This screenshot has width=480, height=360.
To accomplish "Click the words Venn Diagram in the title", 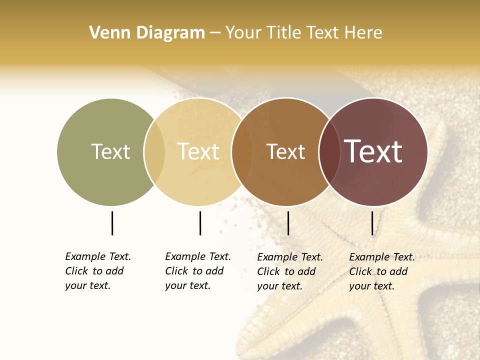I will click(x=147, y=33).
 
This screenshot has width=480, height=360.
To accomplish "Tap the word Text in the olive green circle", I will click(x=110, y=151).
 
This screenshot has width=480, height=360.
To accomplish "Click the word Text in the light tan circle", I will click(x=198, y=151).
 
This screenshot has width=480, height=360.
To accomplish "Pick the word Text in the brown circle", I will click(x=285, y=151).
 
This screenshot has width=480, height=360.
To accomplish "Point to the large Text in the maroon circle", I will click(x=373, y=151).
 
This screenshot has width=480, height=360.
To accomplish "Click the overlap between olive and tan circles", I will click(x=154, y=151).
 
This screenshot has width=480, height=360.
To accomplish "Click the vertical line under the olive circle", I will click(x=112, y=223).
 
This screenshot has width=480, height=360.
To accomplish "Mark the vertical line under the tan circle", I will click(x=200, y=223).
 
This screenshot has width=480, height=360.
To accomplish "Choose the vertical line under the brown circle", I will click(x=288, y=223).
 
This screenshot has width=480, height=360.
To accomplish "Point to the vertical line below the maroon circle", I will click(x=372, y=223).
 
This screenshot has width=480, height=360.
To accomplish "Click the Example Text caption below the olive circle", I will click(x=97, y=271).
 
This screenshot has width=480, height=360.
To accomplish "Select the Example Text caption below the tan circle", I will click(x=197, y=271).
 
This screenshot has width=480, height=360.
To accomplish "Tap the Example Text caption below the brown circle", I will click(x=289, y=271).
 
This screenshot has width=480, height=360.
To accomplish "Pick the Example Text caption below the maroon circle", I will click(x=381, y=271).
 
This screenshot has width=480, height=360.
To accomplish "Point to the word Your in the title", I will click(x=243, y=33).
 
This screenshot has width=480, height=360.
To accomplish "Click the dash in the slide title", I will click(x=215, y=33).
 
